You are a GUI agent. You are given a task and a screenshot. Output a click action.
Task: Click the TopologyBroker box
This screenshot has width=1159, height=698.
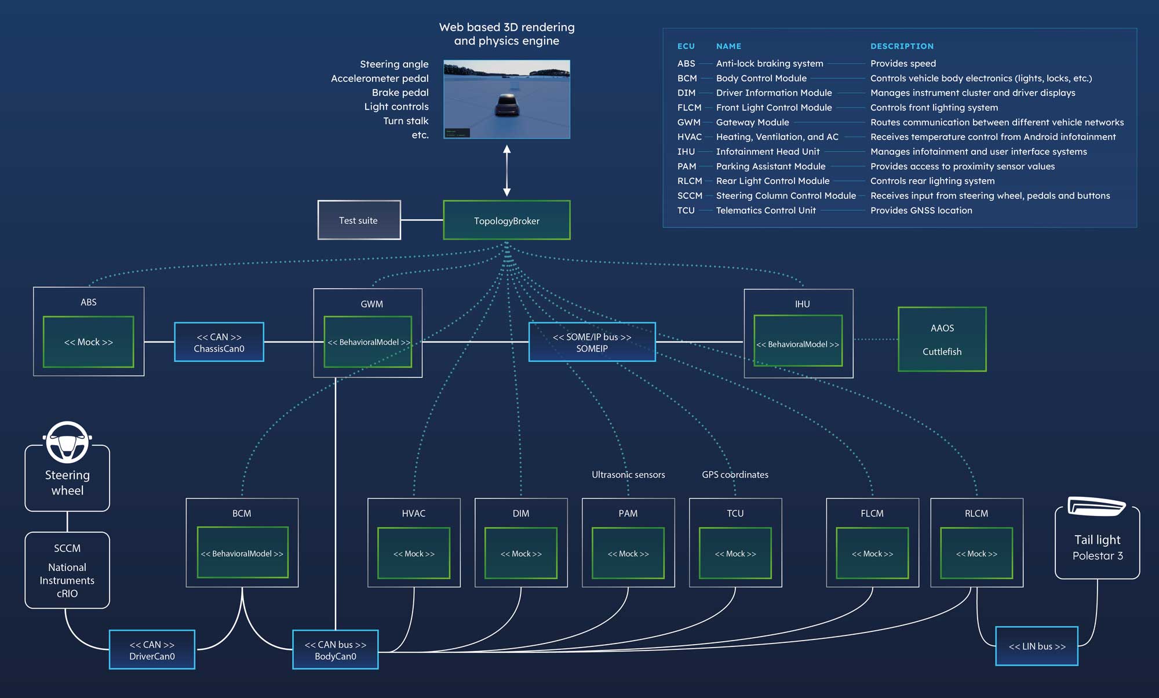click(506, 220)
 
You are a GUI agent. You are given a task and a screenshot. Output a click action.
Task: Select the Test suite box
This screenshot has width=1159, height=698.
click(359, 220)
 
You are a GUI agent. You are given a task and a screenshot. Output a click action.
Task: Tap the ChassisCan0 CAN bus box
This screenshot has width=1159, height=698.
click(219, 342)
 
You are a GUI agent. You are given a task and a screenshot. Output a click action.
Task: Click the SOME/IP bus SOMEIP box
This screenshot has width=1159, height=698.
click(592, 342)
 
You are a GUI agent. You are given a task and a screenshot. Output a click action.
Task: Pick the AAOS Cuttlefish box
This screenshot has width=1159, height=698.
click(942, 339)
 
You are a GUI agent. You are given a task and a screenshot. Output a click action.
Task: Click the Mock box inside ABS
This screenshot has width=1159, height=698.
click(88, 342)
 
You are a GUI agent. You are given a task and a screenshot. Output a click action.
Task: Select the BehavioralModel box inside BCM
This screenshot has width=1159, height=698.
click(242, 552)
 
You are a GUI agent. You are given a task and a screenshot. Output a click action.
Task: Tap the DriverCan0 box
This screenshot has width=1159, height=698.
click(152, 649)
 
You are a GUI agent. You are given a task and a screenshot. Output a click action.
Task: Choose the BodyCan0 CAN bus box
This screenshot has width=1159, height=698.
click(336, 649)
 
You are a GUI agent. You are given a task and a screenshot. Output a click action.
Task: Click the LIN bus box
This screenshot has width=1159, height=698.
click(1037, 646)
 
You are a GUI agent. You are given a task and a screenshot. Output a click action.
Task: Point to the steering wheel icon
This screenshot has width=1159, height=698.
click(67, 442)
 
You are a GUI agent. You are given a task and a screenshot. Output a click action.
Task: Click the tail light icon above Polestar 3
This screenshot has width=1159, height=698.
click(1096, 506)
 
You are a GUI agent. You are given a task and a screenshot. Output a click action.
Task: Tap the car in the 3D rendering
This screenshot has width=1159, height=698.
click(507, 105)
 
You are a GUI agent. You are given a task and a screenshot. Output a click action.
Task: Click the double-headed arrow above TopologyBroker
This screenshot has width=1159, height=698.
click(507, 170)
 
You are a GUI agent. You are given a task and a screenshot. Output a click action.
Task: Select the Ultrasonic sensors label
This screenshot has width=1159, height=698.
click(628, 475)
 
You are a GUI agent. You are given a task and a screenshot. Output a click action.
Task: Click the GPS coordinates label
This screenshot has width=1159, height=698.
click(735, 475)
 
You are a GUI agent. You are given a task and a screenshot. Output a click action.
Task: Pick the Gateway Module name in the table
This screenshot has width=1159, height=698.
click(752, 122)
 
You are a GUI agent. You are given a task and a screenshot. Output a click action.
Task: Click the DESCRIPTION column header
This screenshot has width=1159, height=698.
click(902, 46)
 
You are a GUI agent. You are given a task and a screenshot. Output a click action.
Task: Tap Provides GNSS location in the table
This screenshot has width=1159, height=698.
click(921, 210)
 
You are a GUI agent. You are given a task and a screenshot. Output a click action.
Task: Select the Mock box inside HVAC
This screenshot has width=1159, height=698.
click(414, 553)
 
